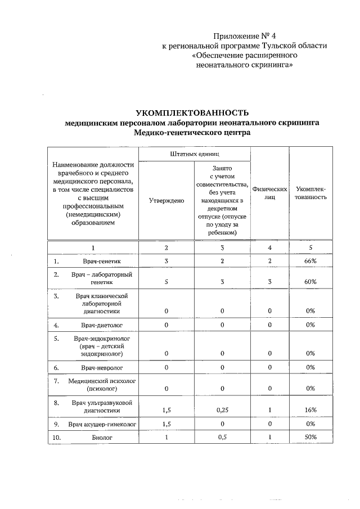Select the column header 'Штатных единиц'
[x=194, y=154]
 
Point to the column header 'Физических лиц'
[x=270, y=193]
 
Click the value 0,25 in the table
[x=223, y=411]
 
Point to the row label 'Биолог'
[x=103, y=437]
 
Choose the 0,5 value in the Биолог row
[x=223, y=437]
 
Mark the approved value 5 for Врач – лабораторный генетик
[x=166, y=282]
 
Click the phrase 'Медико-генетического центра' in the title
[x=192, y=133]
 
